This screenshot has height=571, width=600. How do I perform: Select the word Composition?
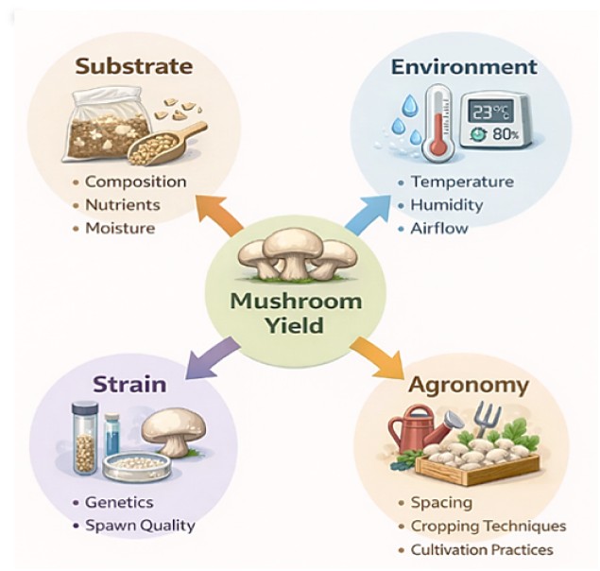(135, 182)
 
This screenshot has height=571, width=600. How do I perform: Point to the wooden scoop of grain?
(177, 142)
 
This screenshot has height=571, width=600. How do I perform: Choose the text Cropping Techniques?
(489, 526)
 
